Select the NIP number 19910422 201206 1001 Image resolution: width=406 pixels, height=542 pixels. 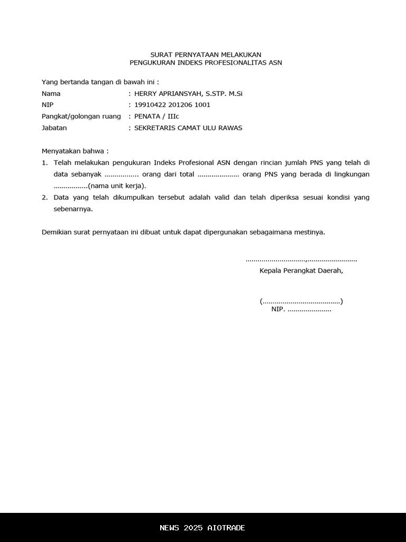[x=172, y=105]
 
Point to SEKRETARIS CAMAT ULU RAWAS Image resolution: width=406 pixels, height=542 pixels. [x=188, y=128]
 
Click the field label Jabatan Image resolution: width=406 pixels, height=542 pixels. [x=54, y=128]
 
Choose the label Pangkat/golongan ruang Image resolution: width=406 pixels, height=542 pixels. [x=81, y=116]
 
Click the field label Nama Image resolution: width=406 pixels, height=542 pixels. [x=51, y=94]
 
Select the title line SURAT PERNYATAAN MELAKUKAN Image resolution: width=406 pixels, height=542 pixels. [x=206, y=55]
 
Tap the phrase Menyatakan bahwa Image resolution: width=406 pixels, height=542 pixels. [x=75, y=151]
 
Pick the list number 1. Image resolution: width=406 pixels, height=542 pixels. [x=45, y=162]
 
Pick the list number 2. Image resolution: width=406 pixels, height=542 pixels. [x=45, y=197]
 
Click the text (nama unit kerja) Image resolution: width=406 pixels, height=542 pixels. [x=117, y=186]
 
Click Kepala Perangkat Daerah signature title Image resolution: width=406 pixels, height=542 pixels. [x=301, y=270]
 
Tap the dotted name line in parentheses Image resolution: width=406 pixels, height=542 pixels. [x=301, y=302]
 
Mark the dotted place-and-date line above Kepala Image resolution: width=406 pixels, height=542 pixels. [x=301, y=260]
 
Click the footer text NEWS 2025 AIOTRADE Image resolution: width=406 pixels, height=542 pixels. [x=202, y=528]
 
